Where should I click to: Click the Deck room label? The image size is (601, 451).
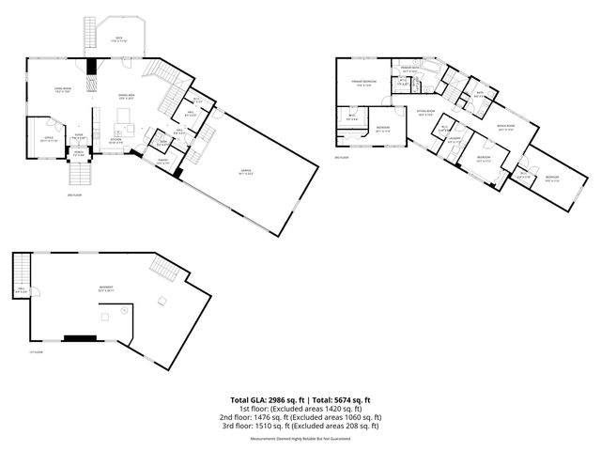[x=119, y=38]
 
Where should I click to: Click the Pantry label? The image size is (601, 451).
[x=162, y=160]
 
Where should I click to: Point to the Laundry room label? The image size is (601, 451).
[x=454, y=140]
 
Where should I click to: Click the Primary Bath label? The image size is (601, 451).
[x=409, y=70]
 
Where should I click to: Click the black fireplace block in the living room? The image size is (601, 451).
[x=91, y=67]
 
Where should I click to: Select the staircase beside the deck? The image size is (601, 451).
[x=91, y=35]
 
